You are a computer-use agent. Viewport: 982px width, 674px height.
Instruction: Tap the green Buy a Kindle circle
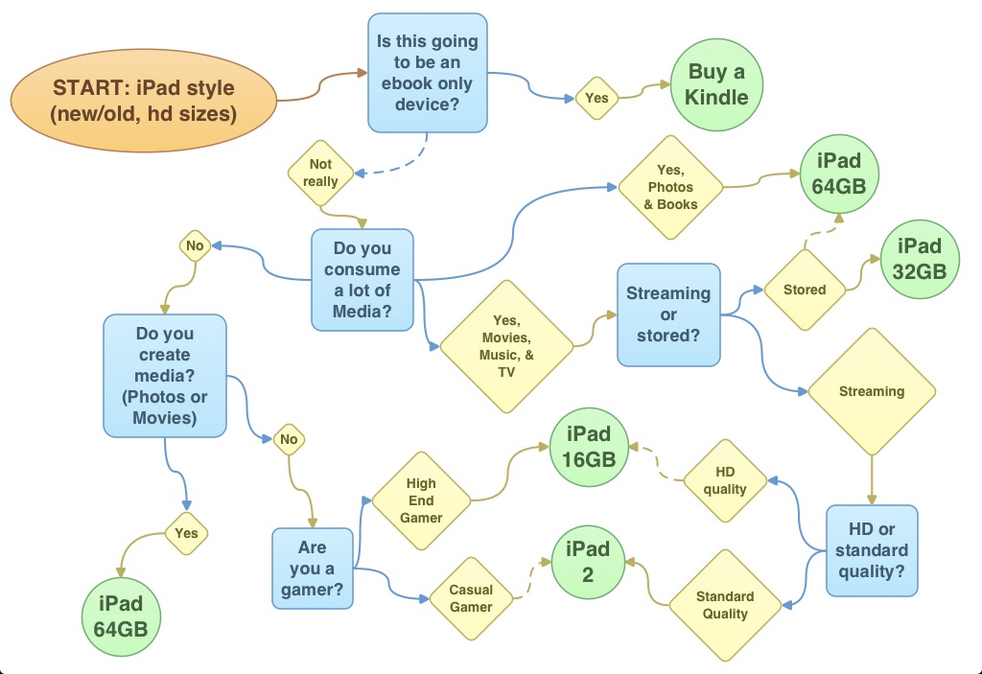716,84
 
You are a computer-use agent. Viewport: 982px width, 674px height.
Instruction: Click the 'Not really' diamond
320,173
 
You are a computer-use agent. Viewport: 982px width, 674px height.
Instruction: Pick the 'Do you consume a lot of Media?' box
362,279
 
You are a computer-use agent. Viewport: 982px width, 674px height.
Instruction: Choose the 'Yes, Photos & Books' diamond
671,187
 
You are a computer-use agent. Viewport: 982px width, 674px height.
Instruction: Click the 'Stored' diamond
804,289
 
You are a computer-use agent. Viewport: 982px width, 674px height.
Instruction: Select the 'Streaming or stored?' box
668,314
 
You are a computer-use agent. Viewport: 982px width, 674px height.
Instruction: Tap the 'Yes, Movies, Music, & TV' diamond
505,346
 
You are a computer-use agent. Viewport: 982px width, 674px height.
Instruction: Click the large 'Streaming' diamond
871,391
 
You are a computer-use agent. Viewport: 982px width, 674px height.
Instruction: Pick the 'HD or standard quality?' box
872,550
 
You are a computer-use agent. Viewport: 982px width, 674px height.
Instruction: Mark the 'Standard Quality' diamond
725,604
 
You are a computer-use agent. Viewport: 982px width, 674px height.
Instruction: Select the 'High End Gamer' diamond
421,500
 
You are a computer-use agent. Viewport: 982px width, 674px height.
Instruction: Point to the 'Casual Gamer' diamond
470,599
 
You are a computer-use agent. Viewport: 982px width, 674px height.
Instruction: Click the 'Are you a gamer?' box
313,568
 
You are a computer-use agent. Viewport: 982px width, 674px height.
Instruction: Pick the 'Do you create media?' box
165,375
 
